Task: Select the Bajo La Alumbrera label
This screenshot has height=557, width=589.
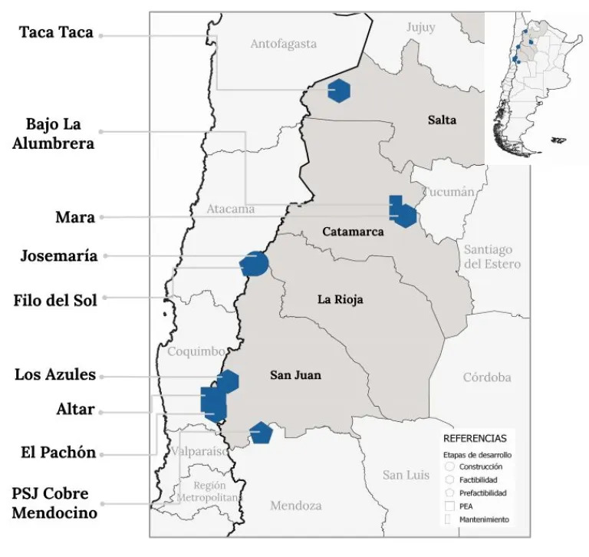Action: tap(54, 133)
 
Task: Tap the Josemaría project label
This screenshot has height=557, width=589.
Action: tap(59, 256)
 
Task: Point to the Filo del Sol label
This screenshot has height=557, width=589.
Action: tap(56, 300)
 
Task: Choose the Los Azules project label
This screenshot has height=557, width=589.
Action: tap(55, 375)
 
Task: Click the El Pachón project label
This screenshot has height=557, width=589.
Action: tap(58, 453)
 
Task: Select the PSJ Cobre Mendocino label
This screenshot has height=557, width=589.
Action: tap(54, 503)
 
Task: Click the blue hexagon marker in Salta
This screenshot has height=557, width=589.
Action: tap(339, 91)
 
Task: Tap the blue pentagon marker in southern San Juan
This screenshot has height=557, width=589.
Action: tap(261, 433)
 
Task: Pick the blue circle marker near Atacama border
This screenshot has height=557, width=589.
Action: tap(255, 264)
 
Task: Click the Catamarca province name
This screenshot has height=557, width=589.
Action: tap(353, 232)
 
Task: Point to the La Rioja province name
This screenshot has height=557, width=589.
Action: tap(340, 299)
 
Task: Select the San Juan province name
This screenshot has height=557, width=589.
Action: tap(295, 375)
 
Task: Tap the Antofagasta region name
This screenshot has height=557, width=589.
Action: tap(283, 44)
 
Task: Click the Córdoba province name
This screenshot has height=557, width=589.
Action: tap(486, 377)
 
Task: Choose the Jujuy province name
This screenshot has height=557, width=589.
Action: tap(420, 28)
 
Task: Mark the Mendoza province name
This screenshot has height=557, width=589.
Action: tap(295, 506)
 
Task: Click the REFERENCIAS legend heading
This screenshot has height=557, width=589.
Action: tap(475, 439)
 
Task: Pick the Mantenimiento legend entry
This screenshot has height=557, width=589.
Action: tap(484, 519)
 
